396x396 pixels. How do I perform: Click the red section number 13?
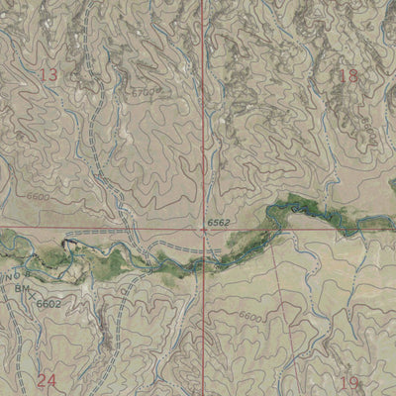(x=49, y=75)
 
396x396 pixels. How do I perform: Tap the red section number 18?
(x=347, y=75)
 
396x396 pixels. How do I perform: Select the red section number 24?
(x=46, y=380)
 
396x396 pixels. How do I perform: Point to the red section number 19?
(x=348, y=381)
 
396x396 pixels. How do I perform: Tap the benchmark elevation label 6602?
(x=50, y=304)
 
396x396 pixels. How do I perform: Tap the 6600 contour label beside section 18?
(x=365, y=129)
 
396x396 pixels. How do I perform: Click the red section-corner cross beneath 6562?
(x=204, y=230)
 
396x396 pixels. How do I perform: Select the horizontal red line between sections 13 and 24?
(x=99, y=231)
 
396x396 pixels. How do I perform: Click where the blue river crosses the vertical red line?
(x=205, y=263)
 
